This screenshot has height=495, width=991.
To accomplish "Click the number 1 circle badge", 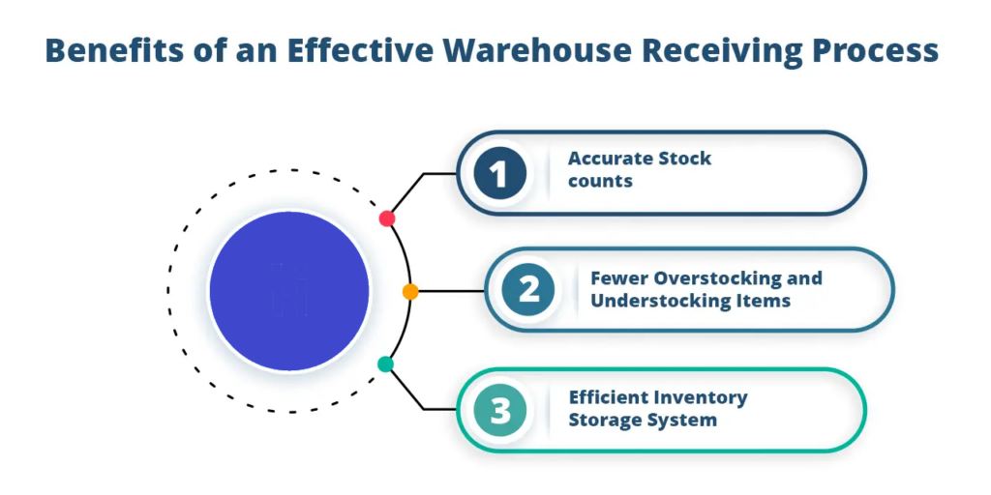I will [x=498, y=174].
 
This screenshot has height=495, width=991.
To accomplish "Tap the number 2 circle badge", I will [x=527, y=291].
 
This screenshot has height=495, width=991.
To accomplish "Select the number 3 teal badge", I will [x=499, y=411].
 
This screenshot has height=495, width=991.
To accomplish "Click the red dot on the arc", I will [x=387, y=218].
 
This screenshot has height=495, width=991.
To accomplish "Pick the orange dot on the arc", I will [x=410, y=291].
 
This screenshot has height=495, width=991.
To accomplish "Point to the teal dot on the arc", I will [x=385, y=364].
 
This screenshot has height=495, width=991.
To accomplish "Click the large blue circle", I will [x=289, y=291].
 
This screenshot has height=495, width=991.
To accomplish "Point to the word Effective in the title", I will [x=354, y=49].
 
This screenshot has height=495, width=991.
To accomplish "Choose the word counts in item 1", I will [x=600, y=181].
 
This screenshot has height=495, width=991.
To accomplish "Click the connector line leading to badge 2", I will [x=450, y=291].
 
